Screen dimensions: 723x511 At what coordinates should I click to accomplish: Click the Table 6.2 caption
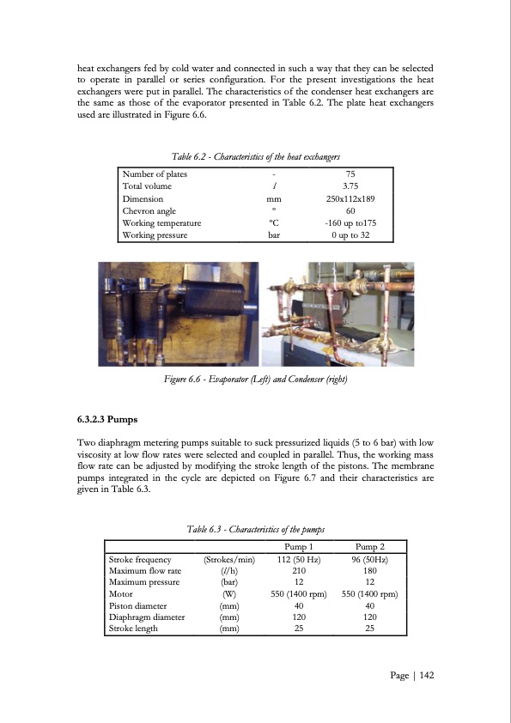257,156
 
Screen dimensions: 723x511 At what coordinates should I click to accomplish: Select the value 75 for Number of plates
350,174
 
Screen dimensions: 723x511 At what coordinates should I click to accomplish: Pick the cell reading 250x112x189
350,198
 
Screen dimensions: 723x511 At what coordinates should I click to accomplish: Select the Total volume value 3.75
350,186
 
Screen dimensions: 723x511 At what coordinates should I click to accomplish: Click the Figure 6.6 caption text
257,380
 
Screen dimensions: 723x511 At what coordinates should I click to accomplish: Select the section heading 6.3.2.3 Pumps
107,422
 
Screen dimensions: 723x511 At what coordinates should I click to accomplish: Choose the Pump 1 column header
295,547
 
